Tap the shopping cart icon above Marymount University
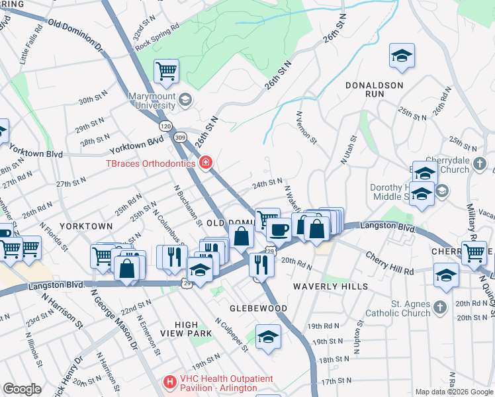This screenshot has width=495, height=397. tap(166, 70)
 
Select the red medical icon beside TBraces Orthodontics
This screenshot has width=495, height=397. tap(206, 162)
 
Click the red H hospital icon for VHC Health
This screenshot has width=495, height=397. tap(169, 382)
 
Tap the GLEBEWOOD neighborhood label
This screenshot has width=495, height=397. tap(258, 308)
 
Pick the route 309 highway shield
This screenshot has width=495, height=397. tap(180, 137)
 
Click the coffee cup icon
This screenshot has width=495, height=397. tap(279, 230)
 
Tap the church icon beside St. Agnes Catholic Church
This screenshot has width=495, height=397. tap(441, 308)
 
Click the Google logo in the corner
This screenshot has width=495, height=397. tap(21, 389)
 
